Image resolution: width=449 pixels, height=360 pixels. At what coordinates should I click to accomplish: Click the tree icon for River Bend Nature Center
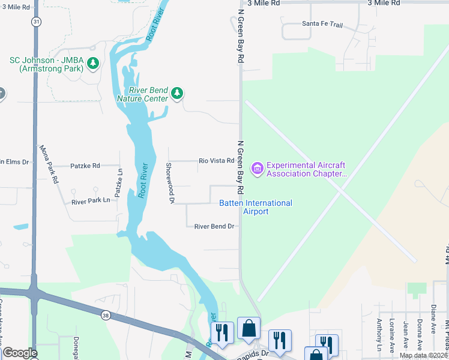pyautogui.click(x=176, y=93)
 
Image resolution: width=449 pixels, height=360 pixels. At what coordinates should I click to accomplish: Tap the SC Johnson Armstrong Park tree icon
pyautogui.click(x=92, y=62)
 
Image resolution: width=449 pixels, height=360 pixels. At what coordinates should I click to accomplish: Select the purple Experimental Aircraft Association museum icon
pyautogui.click(x=258, y=169)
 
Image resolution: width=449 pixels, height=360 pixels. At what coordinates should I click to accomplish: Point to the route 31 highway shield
pyautogui.click(x=37, y=22)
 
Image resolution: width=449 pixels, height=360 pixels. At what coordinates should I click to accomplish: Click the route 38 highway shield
pyautogui.click(x=106, y=314)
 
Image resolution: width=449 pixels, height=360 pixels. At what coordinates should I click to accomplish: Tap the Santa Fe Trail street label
pyautogui.click(x=322, y=24)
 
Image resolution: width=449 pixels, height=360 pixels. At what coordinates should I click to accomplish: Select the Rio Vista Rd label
pyautogui.click(x=216, y=161)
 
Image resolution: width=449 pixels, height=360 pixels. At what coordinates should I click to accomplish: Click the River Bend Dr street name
pyautogui.click(x=212, y=226)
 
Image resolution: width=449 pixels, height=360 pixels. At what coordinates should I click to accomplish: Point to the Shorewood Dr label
pyautogui.click(x=170, y=182)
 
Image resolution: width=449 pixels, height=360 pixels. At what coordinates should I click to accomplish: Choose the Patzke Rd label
pyautogui.click(x=85, y=165)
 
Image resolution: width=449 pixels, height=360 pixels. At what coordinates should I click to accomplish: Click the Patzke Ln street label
pyautogui.click(x=119, y=184)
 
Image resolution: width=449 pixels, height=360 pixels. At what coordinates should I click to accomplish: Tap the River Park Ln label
pyautogui.click(x=91, y=201)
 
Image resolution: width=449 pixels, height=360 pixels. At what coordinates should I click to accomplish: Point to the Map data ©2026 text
pyautogui.click(x=423, y=355)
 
